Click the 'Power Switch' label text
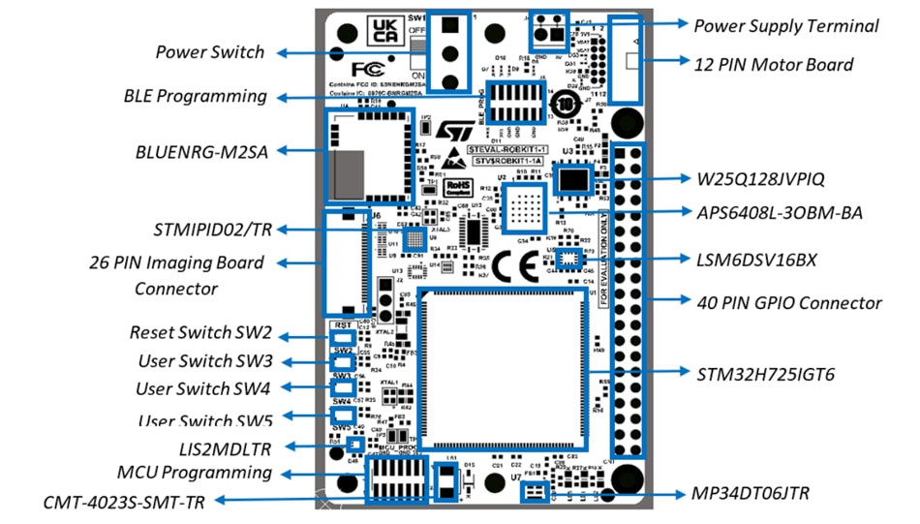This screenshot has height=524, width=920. tap(209, 51)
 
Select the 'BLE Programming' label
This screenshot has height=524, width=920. tap(195, 96)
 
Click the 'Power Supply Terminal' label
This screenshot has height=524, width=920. tap(785, 26)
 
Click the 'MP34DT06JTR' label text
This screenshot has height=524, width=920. tap(750, 494)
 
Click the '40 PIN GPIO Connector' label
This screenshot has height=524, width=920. tap(789, 303)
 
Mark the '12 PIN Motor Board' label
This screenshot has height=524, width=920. tap(774, 65)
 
